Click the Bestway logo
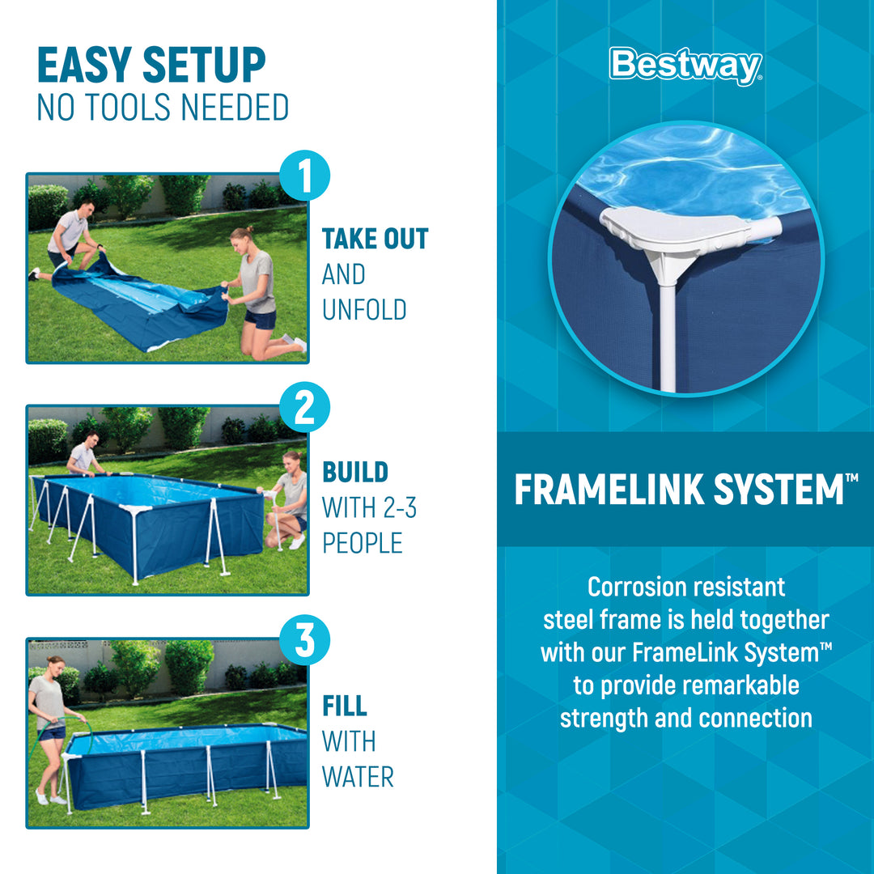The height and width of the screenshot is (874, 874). (x=685, y=66)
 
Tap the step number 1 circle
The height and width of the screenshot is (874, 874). (x=304, y=177)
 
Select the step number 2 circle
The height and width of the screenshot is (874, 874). (x=304, y=409)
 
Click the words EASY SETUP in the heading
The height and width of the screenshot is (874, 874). (x=151, y=66)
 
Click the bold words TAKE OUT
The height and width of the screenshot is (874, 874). (x=375, y=240)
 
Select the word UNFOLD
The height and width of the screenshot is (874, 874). (x=364, y=310)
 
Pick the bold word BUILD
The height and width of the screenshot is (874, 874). (x=355, y=473)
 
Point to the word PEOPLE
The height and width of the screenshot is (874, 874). (x=363, y=544)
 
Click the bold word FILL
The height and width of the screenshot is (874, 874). (x=345, y=706)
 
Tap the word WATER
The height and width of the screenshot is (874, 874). (x=358, y=777)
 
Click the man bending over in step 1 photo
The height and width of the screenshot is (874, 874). (x=69, y=239)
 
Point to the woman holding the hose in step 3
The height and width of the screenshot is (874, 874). (x=49, y=728)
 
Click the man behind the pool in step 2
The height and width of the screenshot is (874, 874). (x=84, y=457)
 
